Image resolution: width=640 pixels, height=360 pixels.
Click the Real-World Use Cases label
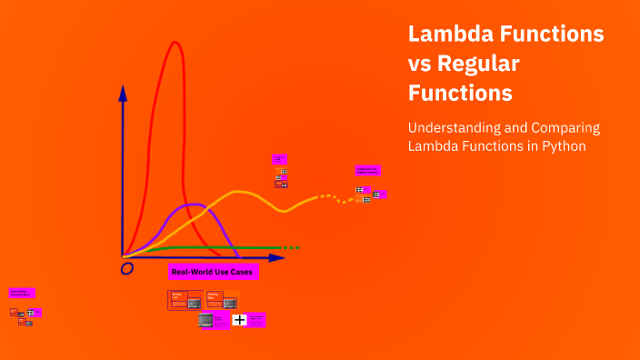(214, 271)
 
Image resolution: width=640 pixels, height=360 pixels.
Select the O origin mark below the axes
(127, 268)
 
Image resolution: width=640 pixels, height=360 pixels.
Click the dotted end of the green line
(290, 247)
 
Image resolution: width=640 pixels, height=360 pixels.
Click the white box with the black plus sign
(239, 320)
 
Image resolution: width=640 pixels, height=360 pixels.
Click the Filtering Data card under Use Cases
(215, 299)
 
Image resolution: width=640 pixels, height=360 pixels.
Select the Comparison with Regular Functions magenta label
(367, 170)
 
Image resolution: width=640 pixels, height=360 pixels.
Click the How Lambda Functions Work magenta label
(21, 293)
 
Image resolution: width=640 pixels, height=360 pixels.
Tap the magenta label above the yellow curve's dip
(279, 158)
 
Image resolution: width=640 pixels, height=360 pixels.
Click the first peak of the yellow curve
(238, 192)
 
